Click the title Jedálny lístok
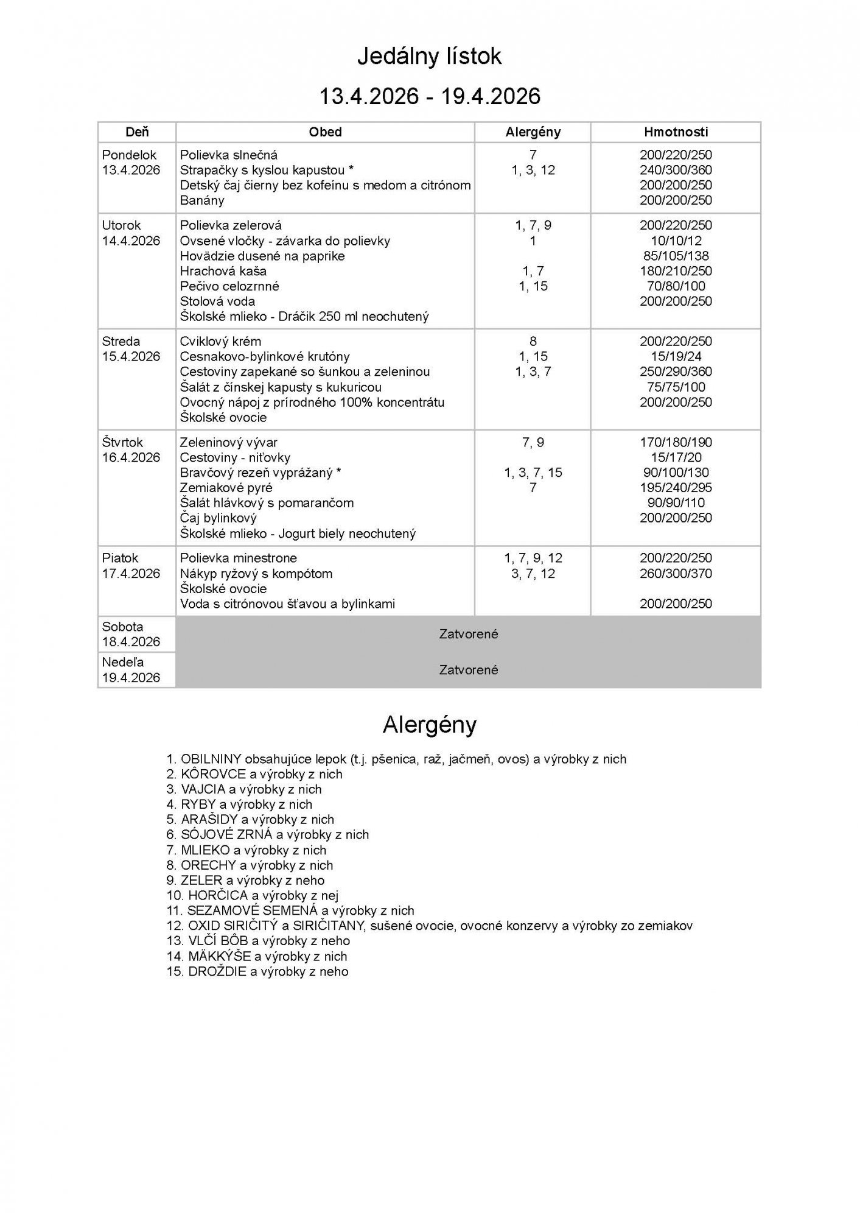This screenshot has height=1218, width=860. click(x=429, y=57)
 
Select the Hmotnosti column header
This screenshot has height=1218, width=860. click(x=676, y=132)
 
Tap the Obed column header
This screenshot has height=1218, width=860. click(x=325, y=132)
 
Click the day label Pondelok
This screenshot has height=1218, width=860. click(x=129, y=155)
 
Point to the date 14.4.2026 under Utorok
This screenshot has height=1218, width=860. click(x=131, y=241)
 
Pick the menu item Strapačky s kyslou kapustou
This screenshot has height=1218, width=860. click(x=267, y=170)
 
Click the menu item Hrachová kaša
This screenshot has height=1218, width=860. click(x=223, y=271)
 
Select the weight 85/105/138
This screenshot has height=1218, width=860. click(x=676, y=256)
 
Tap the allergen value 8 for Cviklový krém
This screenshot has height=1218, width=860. click(x=533, y=341)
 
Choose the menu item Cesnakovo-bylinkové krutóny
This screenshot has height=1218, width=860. click(x=265, y=356)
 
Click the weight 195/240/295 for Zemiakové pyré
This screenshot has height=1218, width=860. click(x=676, y=488)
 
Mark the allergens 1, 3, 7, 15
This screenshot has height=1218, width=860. click(x=533, y=473)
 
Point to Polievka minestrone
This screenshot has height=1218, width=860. click(x=238, y=558)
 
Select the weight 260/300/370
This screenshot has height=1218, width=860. click(x=676, y=573)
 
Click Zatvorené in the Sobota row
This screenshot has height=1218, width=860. click(x=468, y=634)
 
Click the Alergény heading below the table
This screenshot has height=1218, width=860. click(x=429, y=725)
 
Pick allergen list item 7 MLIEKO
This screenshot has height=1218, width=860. click(x=246, y=850)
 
